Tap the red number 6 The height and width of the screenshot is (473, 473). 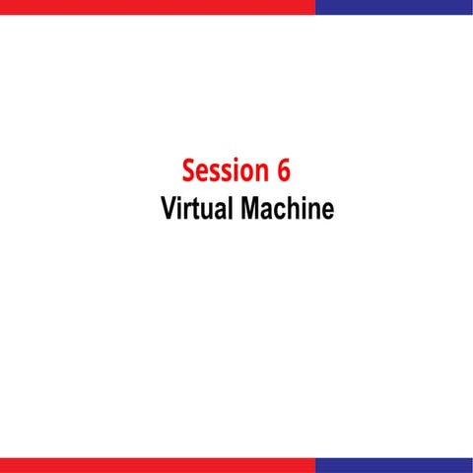pyautogui.click(x=283, y=170)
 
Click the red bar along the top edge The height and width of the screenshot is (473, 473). pyautogui.click(x=158, y=7)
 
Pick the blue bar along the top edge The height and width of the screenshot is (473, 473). pyautogui.click(x=394, y=7)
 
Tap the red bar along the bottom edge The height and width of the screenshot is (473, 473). pyautogui.click(x=158, y=465)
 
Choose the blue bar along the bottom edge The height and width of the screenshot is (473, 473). pyautogui.click(x=394, y=465)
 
